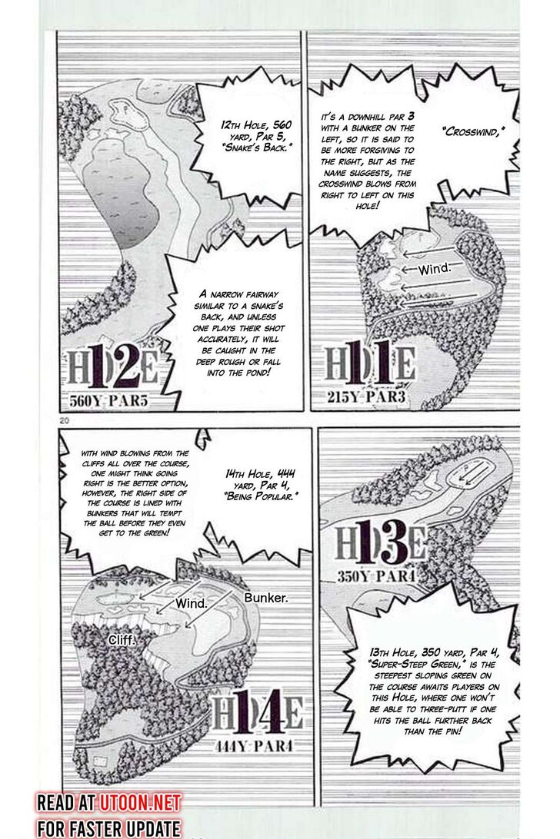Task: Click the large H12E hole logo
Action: (x=112, y=367)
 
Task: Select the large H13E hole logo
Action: (x=381, y=544)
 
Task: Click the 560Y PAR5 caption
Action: (x=108, y=401)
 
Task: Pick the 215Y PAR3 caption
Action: (x=366, y=396)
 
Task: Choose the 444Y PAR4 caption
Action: (x=255, y=746)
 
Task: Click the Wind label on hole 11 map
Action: (x=435, y=269)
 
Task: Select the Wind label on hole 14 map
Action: (x=192, y=604)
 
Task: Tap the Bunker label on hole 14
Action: (x=266, y=598)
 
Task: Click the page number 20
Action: (x=65, y=420)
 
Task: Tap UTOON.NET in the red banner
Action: (x=138, y=802)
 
